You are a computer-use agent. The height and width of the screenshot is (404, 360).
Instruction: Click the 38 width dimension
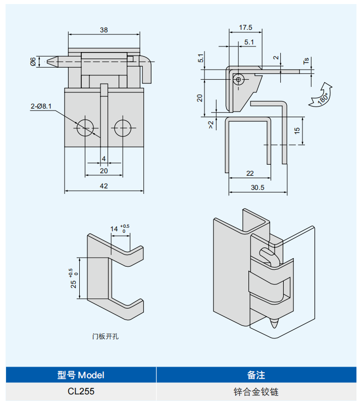click(x=104, y=30)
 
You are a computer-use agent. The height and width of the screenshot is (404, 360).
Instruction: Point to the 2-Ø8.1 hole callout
click(x=41, y=106)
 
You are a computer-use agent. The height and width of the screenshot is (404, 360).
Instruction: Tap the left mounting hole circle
click(x=86, y=128)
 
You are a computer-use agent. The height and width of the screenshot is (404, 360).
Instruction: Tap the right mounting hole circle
click(x=122, y=128)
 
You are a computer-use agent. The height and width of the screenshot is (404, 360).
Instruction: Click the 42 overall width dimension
click(x=104, y=186)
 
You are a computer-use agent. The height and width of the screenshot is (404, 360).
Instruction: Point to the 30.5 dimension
click(x=258, y=187)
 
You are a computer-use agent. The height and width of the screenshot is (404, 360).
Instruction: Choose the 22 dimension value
click(x=250, y=173)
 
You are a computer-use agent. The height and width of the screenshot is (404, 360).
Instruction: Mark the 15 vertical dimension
click(x=297, y=130)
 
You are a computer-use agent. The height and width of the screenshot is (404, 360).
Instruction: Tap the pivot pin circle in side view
click(x=239, y=79)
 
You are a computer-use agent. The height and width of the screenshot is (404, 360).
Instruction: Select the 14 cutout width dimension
click(x=114, y=229)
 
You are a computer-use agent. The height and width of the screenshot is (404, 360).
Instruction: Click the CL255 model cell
click(x=81, y=391)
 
